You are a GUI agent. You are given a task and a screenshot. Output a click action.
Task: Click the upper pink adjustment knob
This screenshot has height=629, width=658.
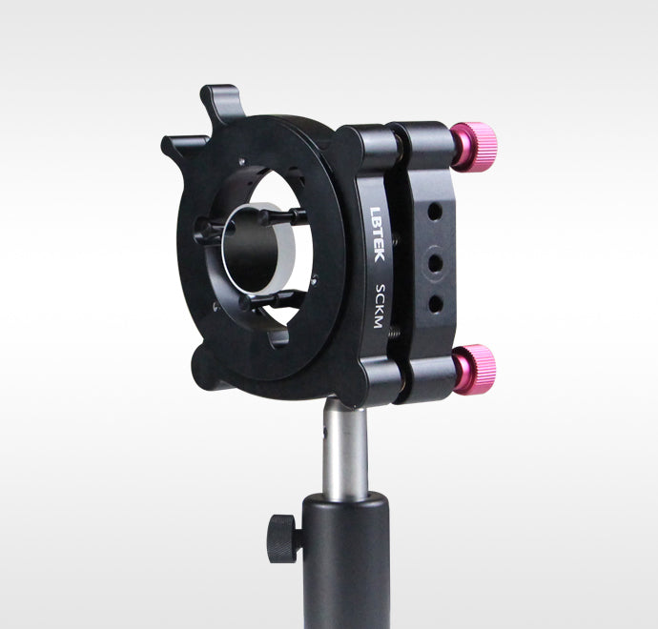click(474, 147)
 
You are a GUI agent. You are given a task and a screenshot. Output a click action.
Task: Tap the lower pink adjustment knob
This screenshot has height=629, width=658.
click(475, 370)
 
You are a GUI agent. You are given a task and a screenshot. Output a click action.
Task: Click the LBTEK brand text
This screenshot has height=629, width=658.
click(378, 234)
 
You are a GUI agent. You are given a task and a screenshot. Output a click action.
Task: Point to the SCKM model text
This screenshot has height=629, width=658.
click(380, 306)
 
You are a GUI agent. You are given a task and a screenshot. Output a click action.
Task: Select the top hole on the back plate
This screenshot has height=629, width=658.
click(435, 211)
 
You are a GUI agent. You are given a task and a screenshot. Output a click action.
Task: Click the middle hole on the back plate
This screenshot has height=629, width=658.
click(436, 263)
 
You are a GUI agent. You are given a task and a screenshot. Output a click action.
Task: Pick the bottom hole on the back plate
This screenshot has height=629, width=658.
click(436, 304)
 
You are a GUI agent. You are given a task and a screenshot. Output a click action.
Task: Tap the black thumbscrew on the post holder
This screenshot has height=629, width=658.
click(283, 538)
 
